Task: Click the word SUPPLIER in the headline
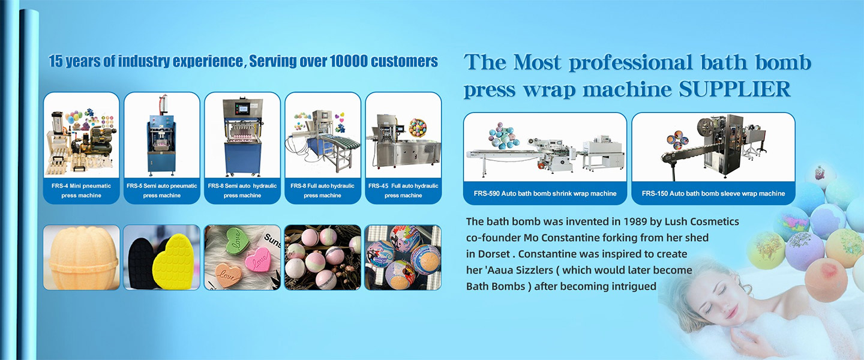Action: pos(735,89)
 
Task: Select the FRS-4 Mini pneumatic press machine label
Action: pos(82,191)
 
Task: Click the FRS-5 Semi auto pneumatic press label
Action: pos(162,191)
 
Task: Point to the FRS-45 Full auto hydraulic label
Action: pos(403,191)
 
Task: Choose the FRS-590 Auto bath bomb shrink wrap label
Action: pos(545,193)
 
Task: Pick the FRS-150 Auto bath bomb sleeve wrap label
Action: pos(713,193)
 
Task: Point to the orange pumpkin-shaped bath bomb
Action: pos(82,257)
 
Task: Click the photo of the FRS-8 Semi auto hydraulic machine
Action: pos(242,135)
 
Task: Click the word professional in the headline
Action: pos(631,62)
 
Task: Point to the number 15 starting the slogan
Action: pos(56,61)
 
